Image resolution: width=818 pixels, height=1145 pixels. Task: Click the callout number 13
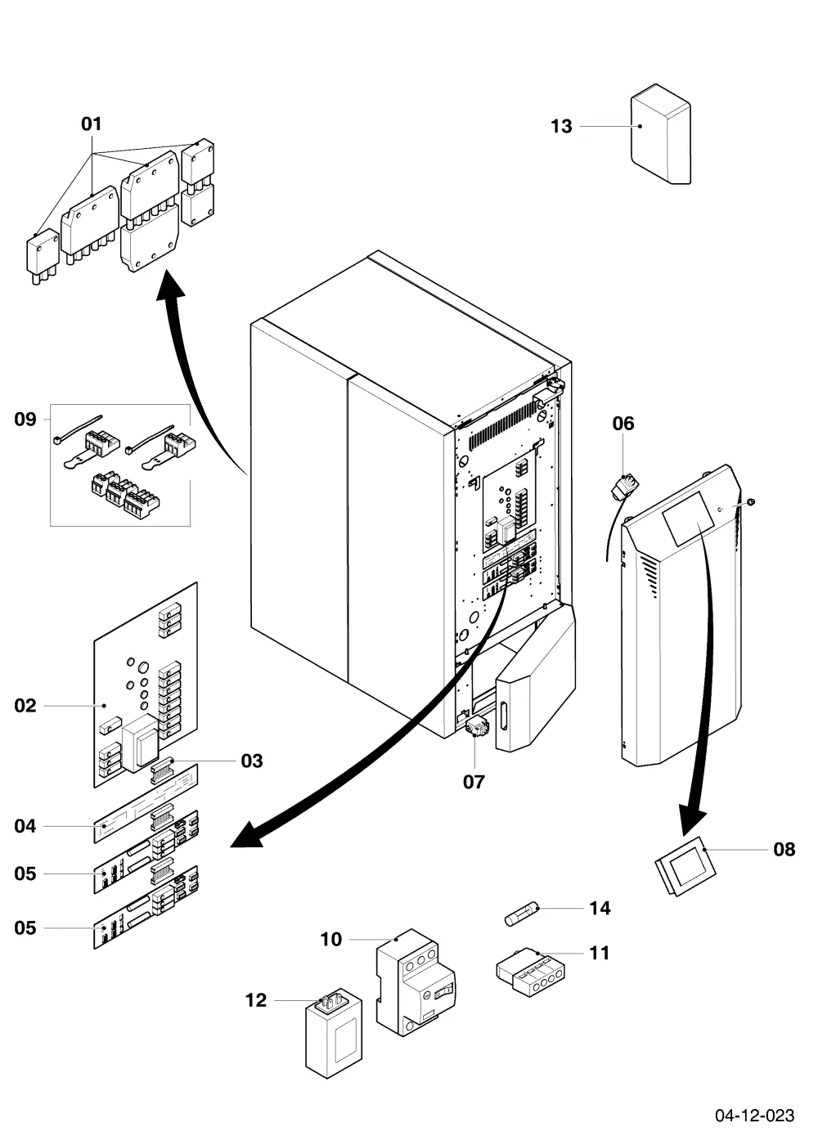(x=561, y=126)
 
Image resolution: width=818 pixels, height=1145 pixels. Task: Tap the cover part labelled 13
(x=661, y=134)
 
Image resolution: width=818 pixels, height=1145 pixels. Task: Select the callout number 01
(x=92, y=123)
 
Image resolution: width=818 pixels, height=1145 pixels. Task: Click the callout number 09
(x=25, y=419)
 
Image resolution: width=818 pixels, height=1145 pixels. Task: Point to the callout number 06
(x=623, y=424)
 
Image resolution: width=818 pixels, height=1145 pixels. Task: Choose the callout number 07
(x=474, y=782)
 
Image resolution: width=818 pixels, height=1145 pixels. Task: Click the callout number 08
(x=784, y=849)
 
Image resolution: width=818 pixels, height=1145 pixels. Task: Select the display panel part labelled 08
(x=685, y=866)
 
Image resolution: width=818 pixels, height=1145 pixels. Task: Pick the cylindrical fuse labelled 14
(x=522, y=913)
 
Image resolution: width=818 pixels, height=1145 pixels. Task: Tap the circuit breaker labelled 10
(x=416, y=983)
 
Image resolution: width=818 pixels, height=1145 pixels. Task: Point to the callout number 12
(x=255, y=999)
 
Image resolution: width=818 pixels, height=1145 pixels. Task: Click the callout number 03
(x=252, y=761)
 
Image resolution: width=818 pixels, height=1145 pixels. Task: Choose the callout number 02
(x=25, y=705)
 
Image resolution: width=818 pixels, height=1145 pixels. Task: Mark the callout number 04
(x=25, y=825)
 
